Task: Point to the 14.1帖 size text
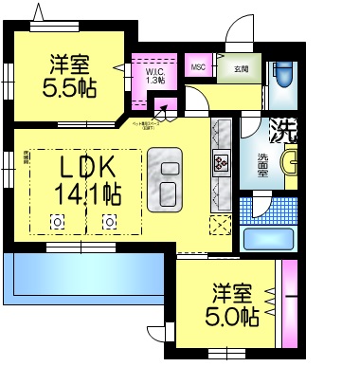coord(87,195)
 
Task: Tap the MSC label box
coord(198,67)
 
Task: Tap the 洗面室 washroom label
coord(262,162)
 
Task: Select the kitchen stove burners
coord(223,163)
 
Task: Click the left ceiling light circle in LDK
coord(57,222)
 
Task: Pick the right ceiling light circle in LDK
coord(110,222)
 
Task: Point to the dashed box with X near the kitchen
coord(221,225)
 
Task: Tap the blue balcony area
coord(85,276)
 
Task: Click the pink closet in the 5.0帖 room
coord(290,304)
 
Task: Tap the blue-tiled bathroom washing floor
coord(253,207)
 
